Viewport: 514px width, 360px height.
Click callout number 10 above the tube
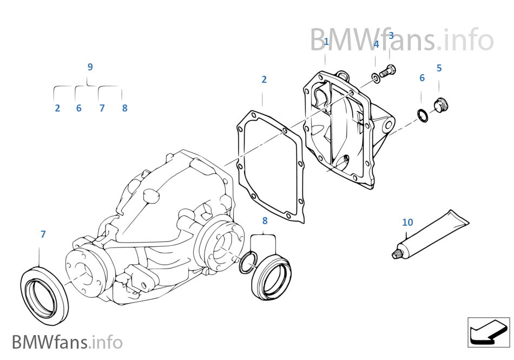click(407, 222)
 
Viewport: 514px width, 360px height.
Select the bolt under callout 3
click(388, 70)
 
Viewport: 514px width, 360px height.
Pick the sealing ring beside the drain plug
click(423, 115)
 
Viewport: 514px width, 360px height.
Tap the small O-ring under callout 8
click(247, 262)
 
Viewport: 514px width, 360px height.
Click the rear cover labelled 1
click(341, 130)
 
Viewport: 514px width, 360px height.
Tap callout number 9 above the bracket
click(90, 67)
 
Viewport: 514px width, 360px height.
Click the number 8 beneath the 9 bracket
click(124, 108)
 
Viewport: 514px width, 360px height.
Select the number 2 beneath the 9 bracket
click(57, 108)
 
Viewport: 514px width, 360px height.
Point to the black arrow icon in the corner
click(488, 331)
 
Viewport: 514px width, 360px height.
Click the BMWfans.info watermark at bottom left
click(67, 342)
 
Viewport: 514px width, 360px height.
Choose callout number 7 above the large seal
click(43, 234)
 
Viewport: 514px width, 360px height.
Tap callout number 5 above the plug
click(439, 68)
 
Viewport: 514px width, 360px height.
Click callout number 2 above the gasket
click(264, 80)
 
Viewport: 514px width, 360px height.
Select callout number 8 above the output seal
click(265, 221)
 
